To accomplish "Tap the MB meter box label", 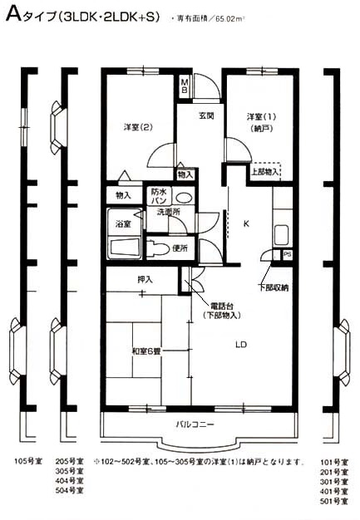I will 185,86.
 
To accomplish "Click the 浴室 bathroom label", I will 122,224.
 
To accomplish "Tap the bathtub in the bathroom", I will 125,248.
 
